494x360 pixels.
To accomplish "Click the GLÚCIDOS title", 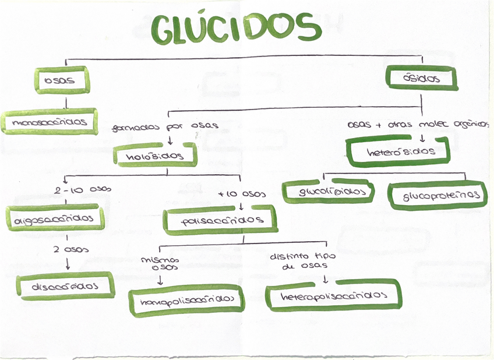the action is pyautogui.click(x=236, y=28).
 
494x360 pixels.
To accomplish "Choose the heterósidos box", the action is pyautogui.click(x=399, y=151).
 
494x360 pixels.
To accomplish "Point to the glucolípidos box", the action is pyautogui.click(x=328, y=192).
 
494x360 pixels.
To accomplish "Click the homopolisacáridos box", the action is pyautogui.click(x=185, y=300).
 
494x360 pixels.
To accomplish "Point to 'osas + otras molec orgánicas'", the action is pyautogui.click(x=417, y=125).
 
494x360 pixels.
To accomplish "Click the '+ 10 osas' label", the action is pyautogui.click(x=242, y=193).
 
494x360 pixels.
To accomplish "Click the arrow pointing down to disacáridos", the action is pyautogui.click(x=68, y=264).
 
